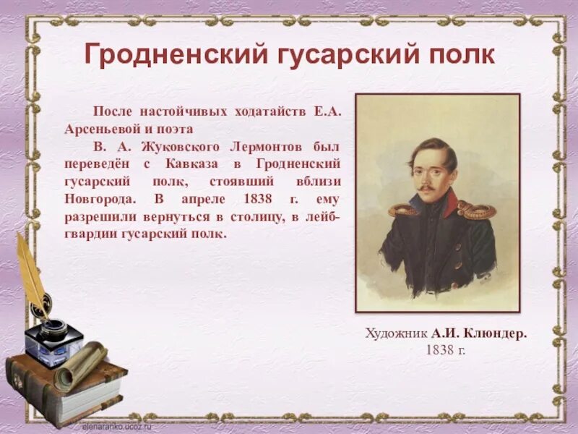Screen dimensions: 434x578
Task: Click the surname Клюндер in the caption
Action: coord(492,333)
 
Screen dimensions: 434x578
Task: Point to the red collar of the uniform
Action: coord(449,203)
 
